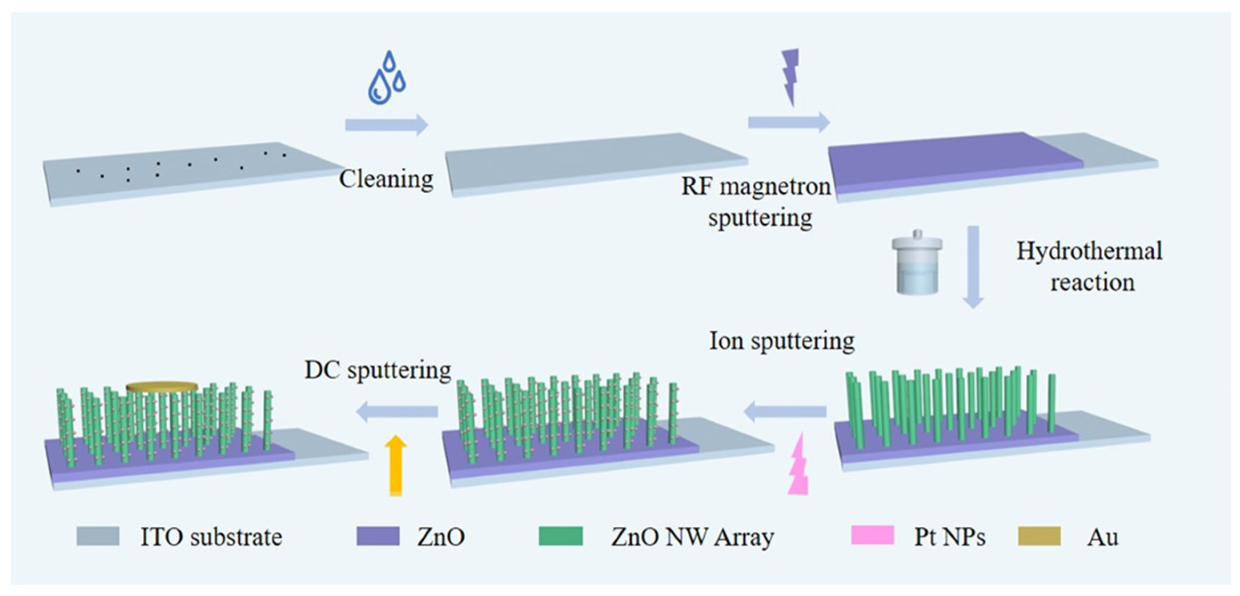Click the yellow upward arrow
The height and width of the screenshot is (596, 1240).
tap(396, 465)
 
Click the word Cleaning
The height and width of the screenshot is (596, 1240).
tap(386, 179)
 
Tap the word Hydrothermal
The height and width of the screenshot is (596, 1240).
tap(1089, 251)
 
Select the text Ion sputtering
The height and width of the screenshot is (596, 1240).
tap(782, 341)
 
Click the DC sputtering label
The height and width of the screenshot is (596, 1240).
tap(378, 370)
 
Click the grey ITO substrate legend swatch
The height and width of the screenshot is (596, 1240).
tap(98, 536)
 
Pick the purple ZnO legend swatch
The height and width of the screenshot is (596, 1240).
tap(377, 536)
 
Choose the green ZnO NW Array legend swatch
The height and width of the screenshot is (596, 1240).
tap(560, 536)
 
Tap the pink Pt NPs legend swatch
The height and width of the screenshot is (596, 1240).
tap(872, 536)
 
